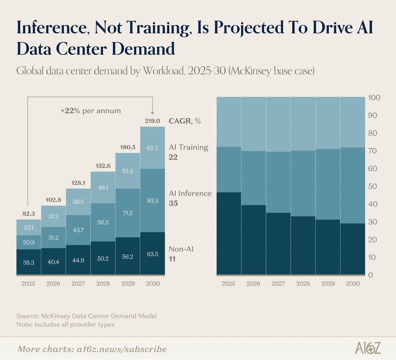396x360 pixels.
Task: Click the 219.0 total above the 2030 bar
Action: point(152,121)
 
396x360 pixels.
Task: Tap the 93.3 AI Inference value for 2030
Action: point(152,200)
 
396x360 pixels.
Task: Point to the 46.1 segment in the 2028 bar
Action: point(103,187)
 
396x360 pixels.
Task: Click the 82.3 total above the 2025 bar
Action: point(29,213)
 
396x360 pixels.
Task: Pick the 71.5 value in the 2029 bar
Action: point(127,213)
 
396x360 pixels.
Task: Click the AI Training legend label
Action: point(188,147)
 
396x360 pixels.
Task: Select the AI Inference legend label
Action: point(190,193)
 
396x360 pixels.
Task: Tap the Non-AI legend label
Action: point(181,249)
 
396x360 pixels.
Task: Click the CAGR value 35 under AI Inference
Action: point(173,203)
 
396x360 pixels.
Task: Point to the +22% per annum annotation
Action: point(90,111)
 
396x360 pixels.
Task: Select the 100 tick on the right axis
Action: point(374,98)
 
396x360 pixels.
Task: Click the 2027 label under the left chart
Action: point(78,283)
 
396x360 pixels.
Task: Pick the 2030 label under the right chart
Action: point(352,283)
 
